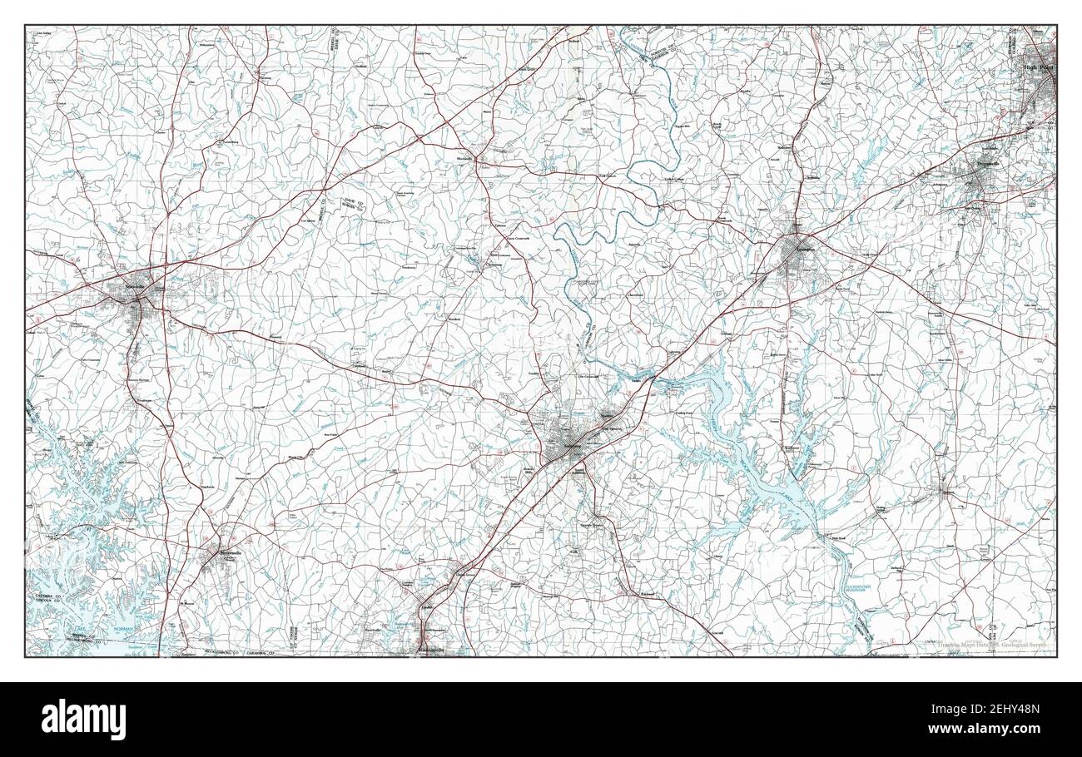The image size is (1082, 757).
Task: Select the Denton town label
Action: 946,492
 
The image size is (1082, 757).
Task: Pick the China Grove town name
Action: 463,575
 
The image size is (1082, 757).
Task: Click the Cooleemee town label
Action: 498,266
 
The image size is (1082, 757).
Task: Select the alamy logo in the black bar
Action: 84,720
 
